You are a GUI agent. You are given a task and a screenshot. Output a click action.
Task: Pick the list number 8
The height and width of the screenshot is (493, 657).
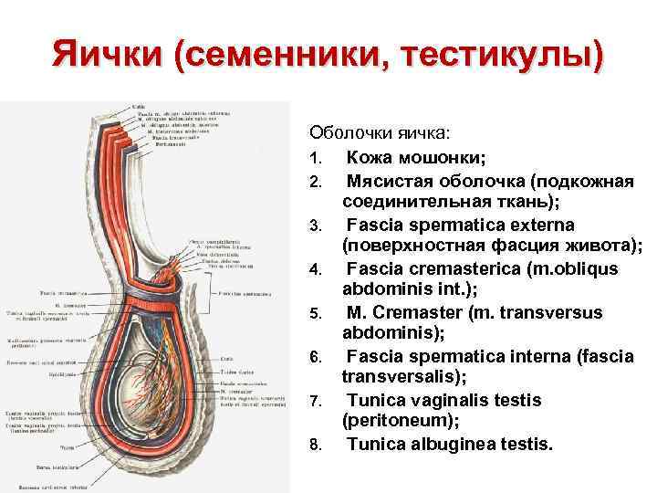(x=315, y=446)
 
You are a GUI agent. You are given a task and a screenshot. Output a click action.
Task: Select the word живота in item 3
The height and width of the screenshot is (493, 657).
(x=610, y=246)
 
